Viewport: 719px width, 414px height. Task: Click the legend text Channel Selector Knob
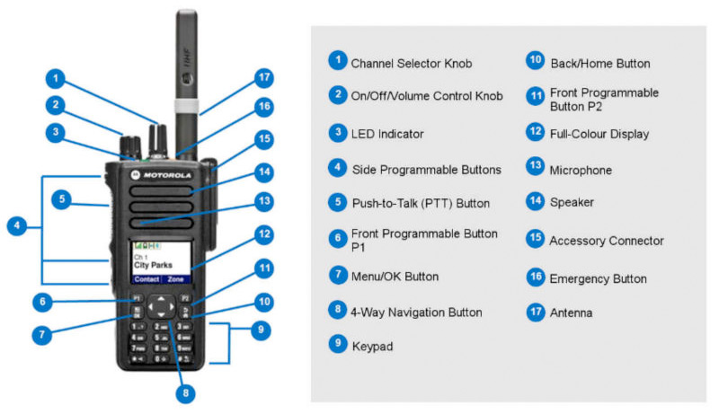411,64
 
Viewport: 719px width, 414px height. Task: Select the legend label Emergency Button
598,279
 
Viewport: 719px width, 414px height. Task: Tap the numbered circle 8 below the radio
186,392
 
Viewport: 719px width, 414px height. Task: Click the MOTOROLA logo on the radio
167,174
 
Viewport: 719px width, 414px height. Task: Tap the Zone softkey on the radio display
174,280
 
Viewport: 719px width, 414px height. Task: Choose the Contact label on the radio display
146,280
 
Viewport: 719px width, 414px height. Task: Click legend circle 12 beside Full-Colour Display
535,132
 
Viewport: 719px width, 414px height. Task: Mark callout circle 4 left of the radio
15,226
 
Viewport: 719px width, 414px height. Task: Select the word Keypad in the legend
371,346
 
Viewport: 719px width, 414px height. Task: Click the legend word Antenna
571,313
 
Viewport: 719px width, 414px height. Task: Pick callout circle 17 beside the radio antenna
262,77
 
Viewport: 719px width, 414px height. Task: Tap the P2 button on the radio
183,297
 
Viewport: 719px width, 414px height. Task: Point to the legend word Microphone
581,171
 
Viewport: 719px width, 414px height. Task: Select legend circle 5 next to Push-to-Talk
337,202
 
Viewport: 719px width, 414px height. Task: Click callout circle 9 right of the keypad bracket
260,330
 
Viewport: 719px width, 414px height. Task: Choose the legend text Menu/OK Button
395,277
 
